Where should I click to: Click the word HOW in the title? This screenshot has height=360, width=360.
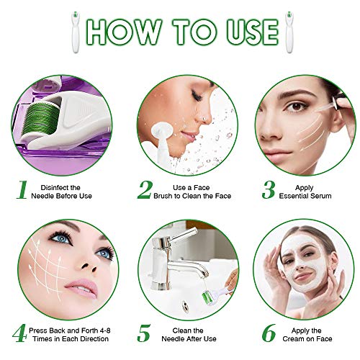(123, 32)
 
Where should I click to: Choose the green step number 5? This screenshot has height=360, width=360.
(145, 333)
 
